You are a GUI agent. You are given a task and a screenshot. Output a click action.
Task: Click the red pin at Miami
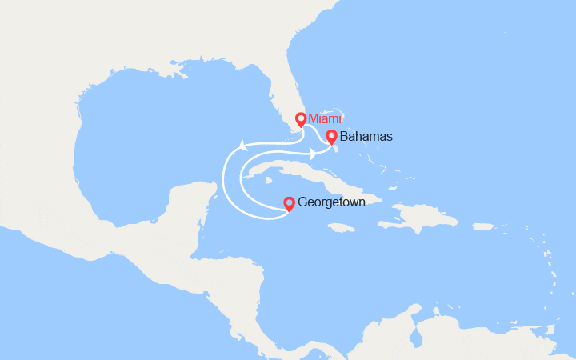coord(301,120)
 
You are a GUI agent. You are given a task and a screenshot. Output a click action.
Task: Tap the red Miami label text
coord(325,119)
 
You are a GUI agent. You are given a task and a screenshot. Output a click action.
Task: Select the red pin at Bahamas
coord(331,137)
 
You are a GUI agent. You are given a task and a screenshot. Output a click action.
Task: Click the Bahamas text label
coord(366,137)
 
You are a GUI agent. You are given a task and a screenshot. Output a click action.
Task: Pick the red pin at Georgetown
coord(289,203)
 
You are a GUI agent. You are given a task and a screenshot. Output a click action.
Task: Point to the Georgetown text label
coord(331,203)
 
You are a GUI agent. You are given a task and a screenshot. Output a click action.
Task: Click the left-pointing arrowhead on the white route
coord(240,146)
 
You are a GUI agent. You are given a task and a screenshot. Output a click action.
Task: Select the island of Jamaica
coord(341,228)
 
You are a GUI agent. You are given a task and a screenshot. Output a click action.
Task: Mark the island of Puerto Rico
coord(483,226)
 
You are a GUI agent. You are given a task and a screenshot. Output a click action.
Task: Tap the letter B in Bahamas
coord(344,137)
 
